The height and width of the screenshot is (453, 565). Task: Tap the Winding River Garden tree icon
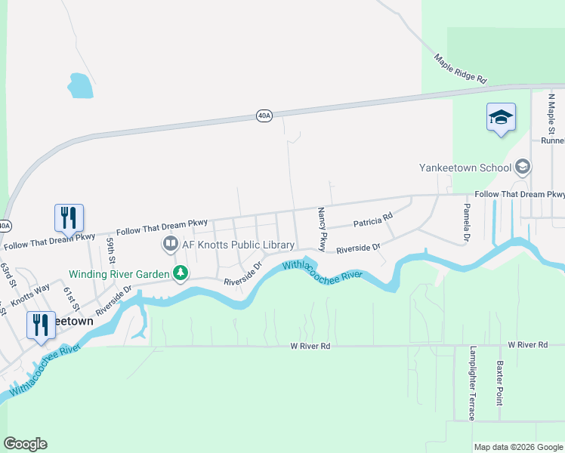180,273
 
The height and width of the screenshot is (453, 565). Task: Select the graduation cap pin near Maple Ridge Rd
501,118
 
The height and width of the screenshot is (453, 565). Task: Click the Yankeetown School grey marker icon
522,168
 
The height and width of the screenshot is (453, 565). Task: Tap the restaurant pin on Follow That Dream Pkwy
69,217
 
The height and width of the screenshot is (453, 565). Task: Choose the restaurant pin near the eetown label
41,325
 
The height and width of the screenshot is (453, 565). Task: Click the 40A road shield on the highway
263,116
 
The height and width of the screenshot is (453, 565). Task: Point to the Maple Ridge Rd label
460,68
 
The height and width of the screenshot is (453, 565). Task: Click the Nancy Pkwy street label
322,230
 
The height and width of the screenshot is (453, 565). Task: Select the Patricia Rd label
373,220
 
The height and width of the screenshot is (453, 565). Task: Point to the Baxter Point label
499,382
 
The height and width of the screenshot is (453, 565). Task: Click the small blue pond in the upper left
80,85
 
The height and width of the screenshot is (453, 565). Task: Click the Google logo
26,444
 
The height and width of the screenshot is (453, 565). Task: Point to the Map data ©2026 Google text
517,447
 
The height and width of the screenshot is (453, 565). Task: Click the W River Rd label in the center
310,345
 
